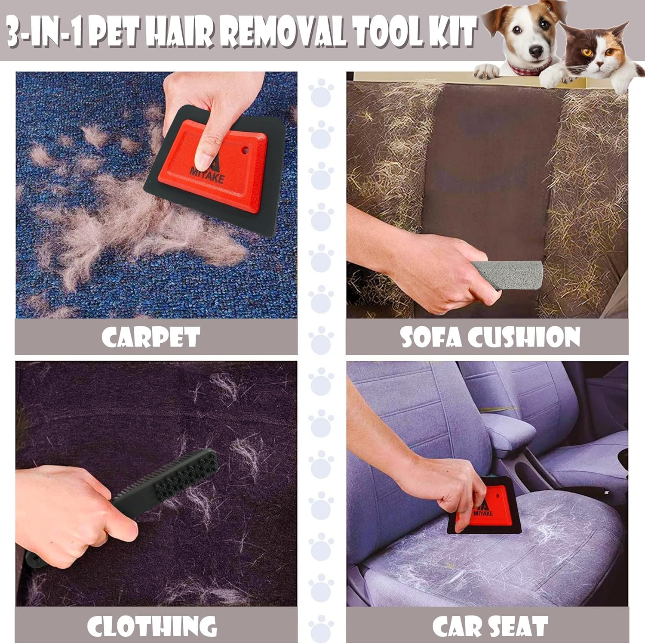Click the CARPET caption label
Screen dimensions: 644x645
coord(151,337)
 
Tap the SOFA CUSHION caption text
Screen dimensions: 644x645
coord(490,337)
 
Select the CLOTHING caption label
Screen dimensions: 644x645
coord(152,626)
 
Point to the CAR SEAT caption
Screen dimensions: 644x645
coord(490,626)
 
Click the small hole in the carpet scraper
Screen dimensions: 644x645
coord(245,151)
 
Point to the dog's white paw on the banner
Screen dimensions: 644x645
coord(486,71)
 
